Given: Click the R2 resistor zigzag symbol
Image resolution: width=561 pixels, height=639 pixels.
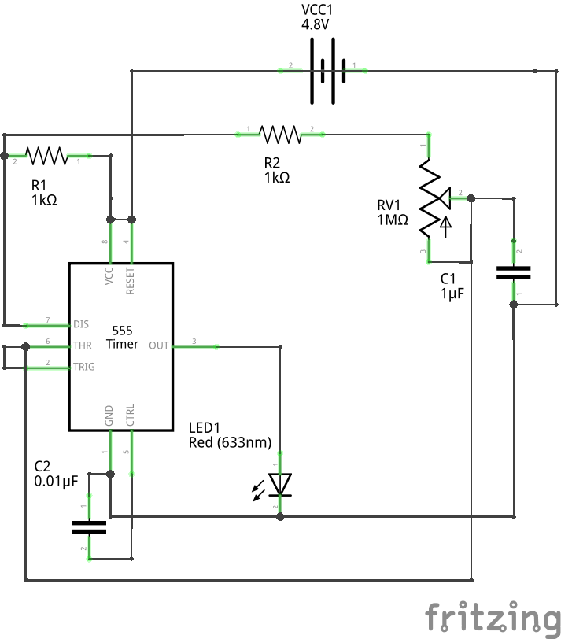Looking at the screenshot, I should (280, 135).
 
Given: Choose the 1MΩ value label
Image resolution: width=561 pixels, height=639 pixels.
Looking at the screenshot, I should (393, 220).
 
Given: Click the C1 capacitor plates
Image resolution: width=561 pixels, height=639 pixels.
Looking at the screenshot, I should (513, 272).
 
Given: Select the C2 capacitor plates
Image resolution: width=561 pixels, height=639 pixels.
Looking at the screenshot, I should (89, 526).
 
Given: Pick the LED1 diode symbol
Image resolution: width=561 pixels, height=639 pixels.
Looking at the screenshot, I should (280, 484).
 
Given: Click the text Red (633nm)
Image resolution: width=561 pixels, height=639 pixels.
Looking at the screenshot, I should (230, 443).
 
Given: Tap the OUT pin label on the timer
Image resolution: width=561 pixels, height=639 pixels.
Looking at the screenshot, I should (159, 345).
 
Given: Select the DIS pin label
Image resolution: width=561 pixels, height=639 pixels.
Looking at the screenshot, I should (81, 324).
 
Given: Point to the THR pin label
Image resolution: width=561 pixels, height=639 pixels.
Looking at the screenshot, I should (83, 345).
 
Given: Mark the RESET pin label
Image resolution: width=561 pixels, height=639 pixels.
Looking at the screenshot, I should (131, 281).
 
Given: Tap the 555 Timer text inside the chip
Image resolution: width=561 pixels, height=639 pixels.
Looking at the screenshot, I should (122, 337).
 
